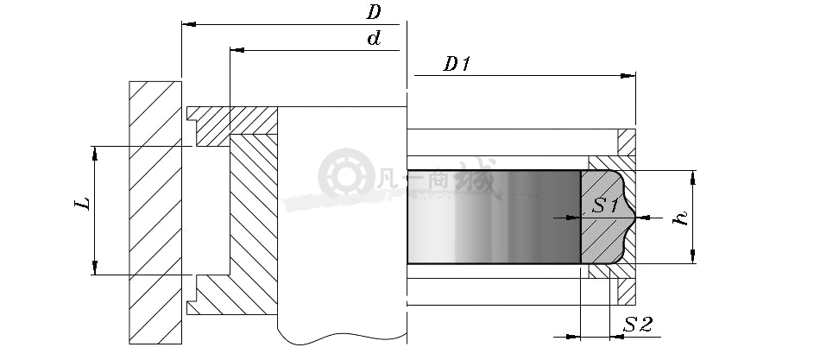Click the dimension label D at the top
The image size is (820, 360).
coord(374,11)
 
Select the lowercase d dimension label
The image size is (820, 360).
coord(374,38)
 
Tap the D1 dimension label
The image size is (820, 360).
coord(457,64)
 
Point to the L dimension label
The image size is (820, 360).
coord(83,203)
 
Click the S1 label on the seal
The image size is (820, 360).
coord(606,205)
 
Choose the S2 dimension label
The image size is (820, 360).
coord(638,325)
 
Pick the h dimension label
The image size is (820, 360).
coord(681,218)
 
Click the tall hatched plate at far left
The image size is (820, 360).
coord(155,212)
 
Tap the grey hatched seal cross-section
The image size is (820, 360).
coord(607,217)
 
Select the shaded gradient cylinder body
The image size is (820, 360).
coord(495,217)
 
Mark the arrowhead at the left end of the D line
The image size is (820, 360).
coord(189,24)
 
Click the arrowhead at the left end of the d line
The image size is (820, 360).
coord(237,50)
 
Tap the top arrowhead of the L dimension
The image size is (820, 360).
coord(95,154)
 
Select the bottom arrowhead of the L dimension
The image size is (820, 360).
coord(95,268)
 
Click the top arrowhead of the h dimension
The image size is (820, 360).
coord(693,177)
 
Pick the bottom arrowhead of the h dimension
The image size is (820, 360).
coord(693,256)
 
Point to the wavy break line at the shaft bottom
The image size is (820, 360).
coord(342,338)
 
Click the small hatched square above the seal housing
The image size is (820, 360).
coord(627,142)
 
